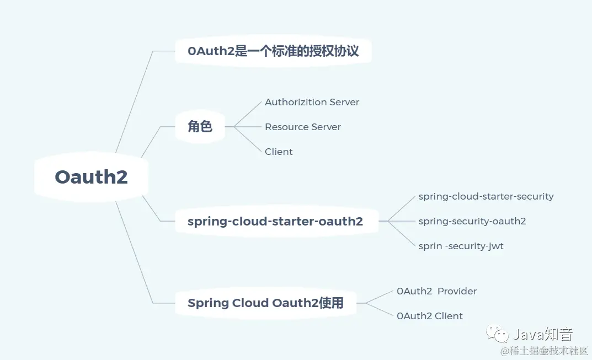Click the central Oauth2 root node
92,176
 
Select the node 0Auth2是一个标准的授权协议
273,51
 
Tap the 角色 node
200,127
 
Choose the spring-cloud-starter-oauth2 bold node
275,222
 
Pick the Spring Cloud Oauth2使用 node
265,303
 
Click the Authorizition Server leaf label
312,102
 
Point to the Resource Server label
302,127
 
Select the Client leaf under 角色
279,152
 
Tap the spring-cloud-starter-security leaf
486,196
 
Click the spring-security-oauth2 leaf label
472,221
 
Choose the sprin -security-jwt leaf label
461,246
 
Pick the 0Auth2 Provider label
436,291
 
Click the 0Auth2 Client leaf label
429,316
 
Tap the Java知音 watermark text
543,334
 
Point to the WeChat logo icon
497,334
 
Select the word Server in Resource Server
327,127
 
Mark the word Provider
457,291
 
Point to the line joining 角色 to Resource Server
248,127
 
